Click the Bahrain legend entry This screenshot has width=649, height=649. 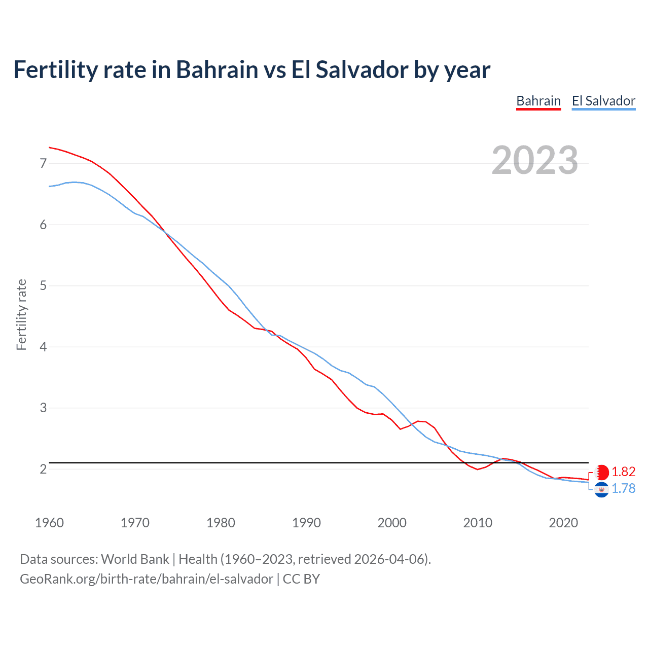click(538, 101)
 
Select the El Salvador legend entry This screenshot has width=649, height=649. click(603, 101)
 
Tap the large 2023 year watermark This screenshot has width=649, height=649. click(534, 160)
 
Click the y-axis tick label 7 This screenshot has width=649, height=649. click(43, 163)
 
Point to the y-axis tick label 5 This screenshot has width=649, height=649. click(43, 285)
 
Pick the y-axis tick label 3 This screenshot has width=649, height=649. click(43, 408)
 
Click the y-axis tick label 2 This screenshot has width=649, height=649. click(43, 469)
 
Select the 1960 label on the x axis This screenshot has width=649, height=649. click(49, 523)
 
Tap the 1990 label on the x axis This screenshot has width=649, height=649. click(306, 523)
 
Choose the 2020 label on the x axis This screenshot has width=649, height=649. click(563, 523)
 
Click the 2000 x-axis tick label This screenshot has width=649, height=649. click(392, 523)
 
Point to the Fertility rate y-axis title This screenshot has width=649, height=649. click(21, 314)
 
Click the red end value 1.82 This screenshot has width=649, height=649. click(623, 472)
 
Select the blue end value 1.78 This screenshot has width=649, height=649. click(623, 488)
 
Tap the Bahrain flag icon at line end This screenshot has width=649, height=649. click(601, 472)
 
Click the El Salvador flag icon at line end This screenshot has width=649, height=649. click(601, 490)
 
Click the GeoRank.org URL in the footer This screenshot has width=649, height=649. click(147, 579)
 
